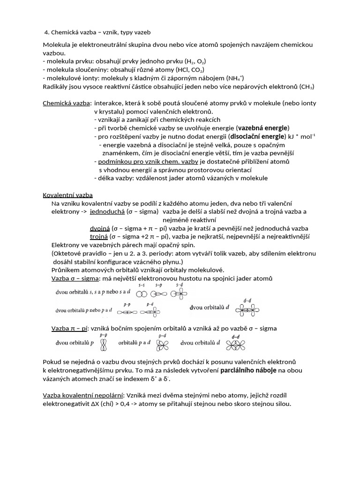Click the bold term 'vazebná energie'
click(x=264, y=128)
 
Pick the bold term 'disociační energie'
click(x=257, y=136)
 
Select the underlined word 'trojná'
click(x=99, y=237)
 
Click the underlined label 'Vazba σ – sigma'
click(x=75, y=279)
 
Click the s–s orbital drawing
click(x=141, y=293)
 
